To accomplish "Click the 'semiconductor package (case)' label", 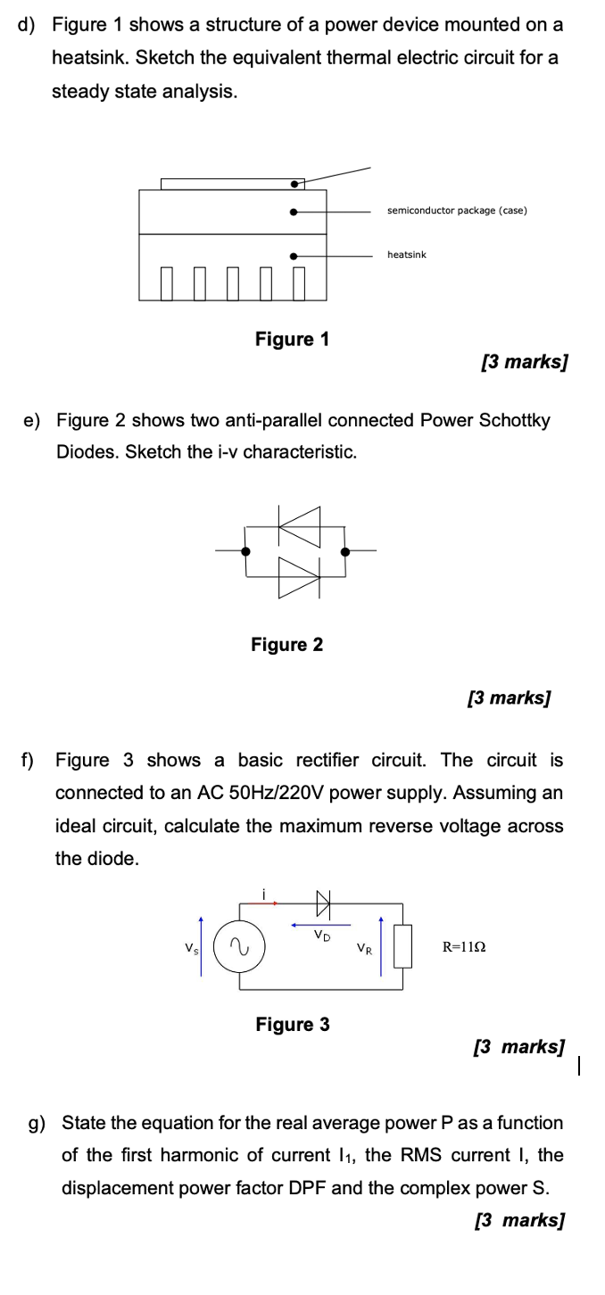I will tap(457, 210).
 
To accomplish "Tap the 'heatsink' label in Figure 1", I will tap(407, 255).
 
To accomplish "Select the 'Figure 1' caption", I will tap(292, 339).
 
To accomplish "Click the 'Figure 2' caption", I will tap(287, 644).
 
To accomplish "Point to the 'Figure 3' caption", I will tap(293, 1025).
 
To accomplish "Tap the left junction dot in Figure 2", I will tap(246, 551).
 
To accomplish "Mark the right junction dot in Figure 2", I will tap(345, 551).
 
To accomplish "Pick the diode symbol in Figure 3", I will tap(321, 903).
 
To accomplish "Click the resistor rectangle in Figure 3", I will tap(402, 946).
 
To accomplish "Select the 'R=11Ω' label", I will tap(464, 946).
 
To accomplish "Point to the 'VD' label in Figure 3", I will tap(320, 936).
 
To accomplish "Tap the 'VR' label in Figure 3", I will tap(364, 948).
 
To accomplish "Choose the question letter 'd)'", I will tap(27, 25).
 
